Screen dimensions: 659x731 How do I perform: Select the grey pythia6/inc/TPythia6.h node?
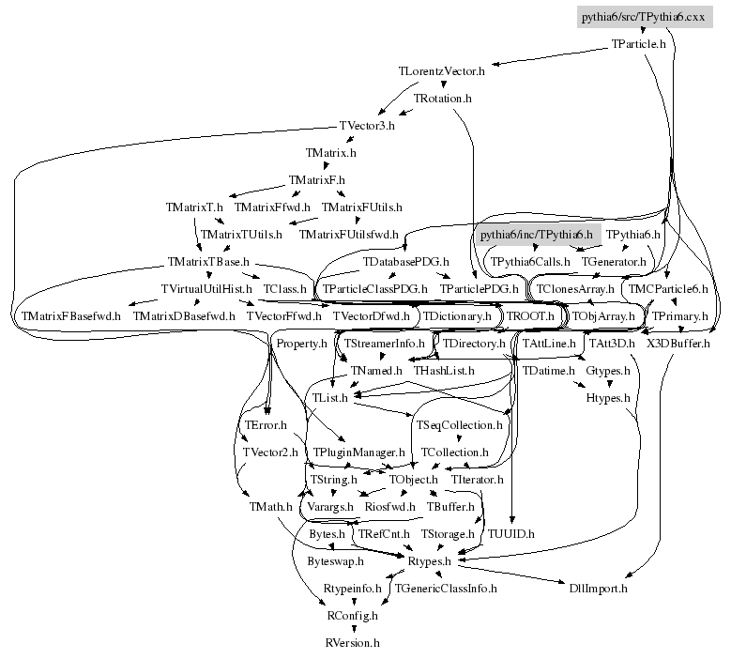coord(536,234)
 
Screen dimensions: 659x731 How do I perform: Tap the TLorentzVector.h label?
coord(442,70)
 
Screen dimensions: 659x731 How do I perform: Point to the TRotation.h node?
coord(443,98)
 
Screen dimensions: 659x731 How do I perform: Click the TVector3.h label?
coord(367,125)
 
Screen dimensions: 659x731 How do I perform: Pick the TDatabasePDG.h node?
coord(406,261)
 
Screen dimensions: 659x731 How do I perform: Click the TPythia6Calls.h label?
coord(529,261)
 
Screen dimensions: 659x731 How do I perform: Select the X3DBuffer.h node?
coord(679,344)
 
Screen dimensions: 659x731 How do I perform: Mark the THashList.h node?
coord(444,371)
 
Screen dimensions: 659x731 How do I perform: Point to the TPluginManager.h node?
coord(358,452)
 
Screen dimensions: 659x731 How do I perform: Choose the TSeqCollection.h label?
coord(460,425)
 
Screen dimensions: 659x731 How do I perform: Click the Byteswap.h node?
coord(336,561)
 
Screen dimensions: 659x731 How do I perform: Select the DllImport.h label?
coord(598,589)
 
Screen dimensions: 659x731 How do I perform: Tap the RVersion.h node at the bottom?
coord(352,643)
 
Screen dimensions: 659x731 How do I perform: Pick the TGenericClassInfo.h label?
coord(446,589)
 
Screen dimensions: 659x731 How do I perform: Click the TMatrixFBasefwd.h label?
coord(71,316)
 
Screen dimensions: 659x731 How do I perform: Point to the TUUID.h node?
coord(511,534)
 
